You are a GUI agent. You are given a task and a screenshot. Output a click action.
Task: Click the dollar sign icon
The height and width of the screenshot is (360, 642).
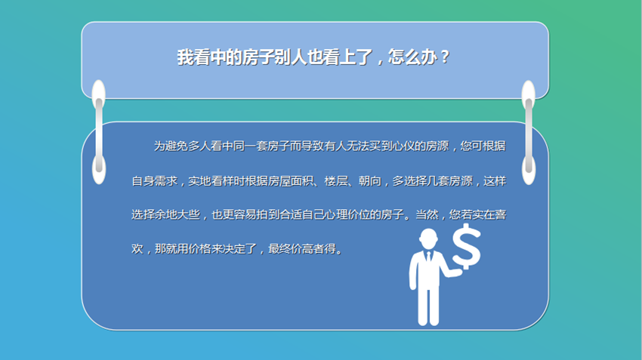pos(466,247)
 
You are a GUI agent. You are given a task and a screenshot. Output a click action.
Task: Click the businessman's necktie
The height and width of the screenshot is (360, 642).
pos(429,257)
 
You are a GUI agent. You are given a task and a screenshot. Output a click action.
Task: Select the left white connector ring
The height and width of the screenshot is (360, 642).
pos(99,132)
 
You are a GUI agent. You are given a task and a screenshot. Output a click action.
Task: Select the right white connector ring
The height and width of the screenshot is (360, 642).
pos(529,132)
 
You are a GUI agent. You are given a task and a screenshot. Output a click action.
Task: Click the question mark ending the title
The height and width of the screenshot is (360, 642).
pos(445,57)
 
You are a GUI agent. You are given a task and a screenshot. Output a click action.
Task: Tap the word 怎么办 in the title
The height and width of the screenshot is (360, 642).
pos(412,57)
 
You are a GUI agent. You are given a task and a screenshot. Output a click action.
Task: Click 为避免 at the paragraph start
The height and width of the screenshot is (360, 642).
pos(171,146)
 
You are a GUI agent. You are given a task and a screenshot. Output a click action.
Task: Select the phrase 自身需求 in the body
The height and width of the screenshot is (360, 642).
pos(154,181)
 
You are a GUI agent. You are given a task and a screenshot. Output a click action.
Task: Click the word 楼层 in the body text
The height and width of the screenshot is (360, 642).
pos(336,181)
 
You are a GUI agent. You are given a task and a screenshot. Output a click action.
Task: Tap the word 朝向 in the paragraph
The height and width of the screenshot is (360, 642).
pos(370,181)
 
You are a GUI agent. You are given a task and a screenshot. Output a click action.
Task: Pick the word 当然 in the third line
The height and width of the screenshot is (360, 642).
pos(427,215)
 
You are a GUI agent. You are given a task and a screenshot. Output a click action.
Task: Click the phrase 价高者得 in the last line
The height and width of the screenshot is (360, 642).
pos(313,249)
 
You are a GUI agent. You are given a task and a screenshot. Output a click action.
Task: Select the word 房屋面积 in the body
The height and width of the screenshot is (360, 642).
pos(291,181)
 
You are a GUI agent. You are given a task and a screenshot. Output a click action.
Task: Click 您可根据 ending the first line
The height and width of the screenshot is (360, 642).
pos(483,146)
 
